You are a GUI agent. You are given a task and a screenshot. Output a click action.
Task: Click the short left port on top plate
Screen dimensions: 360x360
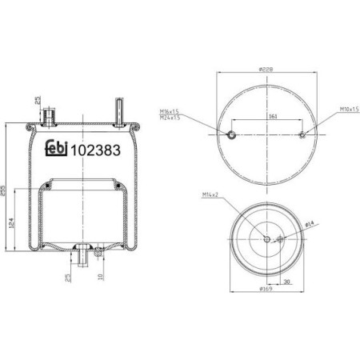(x=50, y=115)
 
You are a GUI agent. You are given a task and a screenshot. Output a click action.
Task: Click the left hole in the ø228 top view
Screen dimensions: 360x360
(x=231, y=135)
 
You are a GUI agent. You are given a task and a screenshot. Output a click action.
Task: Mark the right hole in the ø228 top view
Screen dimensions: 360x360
(x=302, y=135)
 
